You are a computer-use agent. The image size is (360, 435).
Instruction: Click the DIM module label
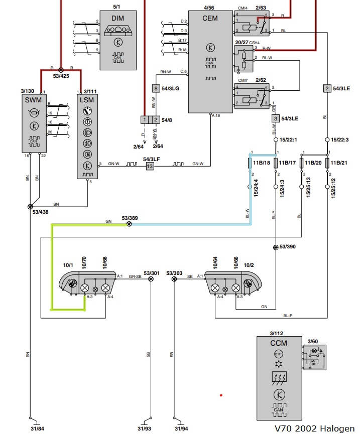click(x=117, y=19)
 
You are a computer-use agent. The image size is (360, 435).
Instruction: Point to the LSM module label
click(x=86, y=100)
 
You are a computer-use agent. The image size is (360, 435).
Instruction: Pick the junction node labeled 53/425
click(x=61, y=70)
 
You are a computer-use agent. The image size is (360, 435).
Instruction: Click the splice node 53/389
click(x=129, y=224)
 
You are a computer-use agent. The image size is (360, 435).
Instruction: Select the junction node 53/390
click(x=276, y=247)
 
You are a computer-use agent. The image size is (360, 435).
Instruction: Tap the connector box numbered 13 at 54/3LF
click(x=149, y=166)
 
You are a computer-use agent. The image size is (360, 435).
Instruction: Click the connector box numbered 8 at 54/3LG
click(x=156, y=89)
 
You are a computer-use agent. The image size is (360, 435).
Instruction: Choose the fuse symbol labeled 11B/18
click(x=250, y=164)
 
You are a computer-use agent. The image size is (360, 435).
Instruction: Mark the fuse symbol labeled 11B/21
click(x=328, y=164)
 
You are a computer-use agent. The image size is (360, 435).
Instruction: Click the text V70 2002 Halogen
click(x=314, y=428)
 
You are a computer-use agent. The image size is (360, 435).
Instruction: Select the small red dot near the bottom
click(x=220, y=395)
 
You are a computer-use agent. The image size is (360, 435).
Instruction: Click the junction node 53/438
click(x=30, y=207)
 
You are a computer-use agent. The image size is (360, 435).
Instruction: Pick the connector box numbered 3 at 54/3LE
click(x=275, y=118)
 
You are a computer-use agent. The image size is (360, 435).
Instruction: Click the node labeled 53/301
click(x=151, y=280)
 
